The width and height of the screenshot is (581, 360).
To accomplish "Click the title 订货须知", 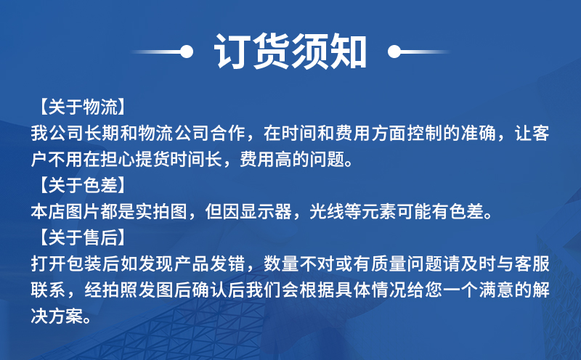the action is [x=290, y=52].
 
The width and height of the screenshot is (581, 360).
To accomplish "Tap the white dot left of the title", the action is [x=187, y=52].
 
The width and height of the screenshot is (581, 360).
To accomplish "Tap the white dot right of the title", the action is [x=394, y=52].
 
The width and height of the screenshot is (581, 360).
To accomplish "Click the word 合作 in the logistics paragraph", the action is [x=228, y=134].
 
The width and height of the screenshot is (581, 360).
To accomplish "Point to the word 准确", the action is [x=479, y=134].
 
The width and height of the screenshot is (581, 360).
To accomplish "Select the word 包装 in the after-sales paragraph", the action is [x=84, y=264].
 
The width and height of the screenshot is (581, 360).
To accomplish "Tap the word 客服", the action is [x=532, y=264].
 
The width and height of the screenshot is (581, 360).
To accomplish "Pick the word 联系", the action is [x=48, y=290].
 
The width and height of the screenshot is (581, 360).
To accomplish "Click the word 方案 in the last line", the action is [x=66, y=316].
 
